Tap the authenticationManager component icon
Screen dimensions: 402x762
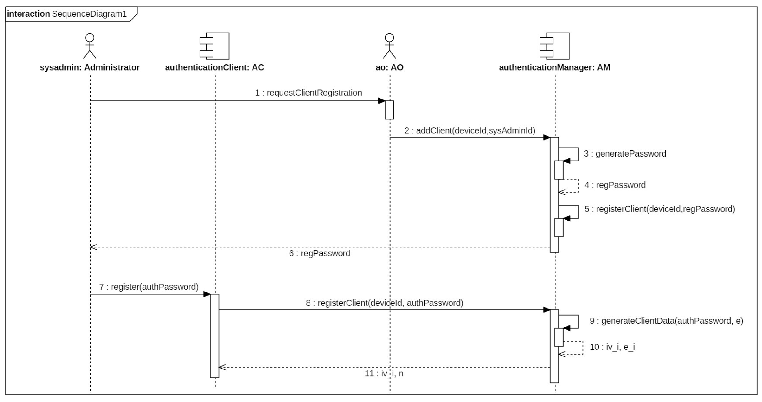554,46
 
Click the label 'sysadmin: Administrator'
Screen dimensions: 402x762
90,68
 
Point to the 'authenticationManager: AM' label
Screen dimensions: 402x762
554,68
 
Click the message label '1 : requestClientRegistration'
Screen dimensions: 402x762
308,93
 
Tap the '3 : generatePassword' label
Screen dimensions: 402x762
625,154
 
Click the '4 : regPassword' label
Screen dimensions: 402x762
615,185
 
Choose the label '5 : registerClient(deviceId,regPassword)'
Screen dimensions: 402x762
659,209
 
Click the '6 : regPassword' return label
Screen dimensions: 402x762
319,253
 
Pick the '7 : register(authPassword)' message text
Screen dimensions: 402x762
149,287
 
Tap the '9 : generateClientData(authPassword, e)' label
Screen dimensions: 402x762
666,321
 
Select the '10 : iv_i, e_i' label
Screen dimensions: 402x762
612,347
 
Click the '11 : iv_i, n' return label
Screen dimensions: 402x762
384,373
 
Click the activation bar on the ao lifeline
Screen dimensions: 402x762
389,110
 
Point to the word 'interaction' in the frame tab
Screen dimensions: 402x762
29,14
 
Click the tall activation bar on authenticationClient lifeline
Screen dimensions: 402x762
215,336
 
